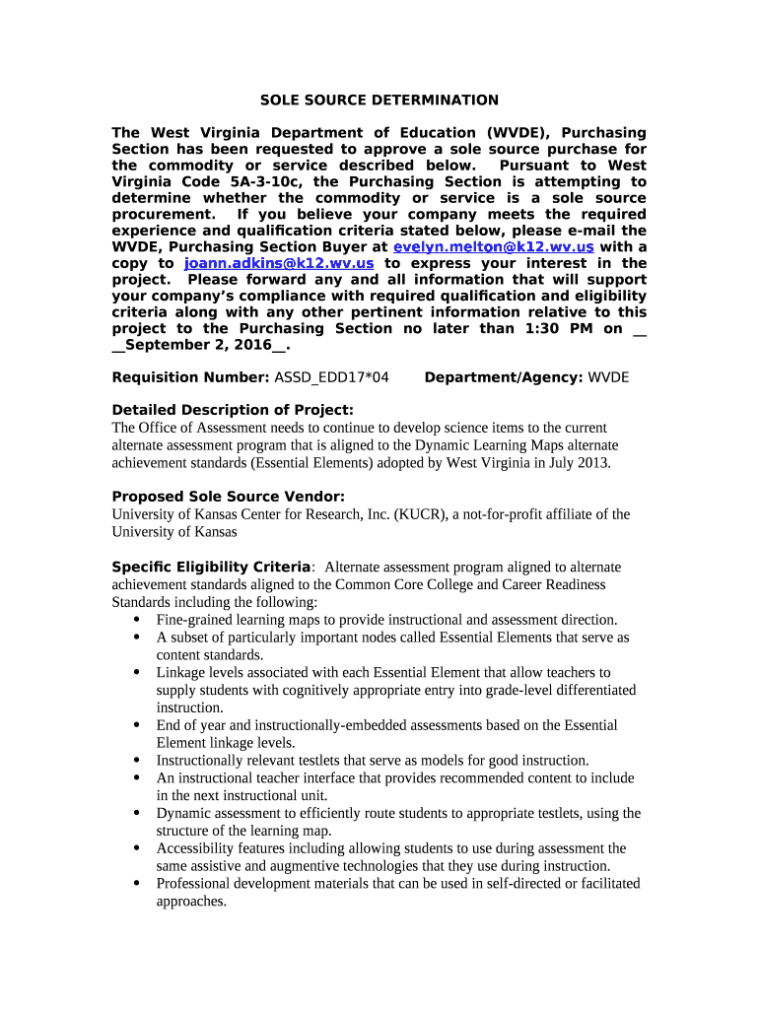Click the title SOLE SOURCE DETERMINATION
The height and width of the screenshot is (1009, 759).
[379, 101]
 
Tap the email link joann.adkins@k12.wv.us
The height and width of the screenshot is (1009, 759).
[279, 263]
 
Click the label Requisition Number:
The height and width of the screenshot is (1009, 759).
[189, 377]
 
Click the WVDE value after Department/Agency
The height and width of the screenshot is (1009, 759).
[608, 377]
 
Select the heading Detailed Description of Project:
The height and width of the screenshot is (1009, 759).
[232, 410]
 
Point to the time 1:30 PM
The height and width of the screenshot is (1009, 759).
[560, 329]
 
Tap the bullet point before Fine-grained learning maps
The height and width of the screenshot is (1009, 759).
[135, 620]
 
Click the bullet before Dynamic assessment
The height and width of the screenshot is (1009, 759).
[135, 814]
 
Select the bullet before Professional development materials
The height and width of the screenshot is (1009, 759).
[135, 884]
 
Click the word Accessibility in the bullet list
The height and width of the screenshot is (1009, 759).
[196, 848]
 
